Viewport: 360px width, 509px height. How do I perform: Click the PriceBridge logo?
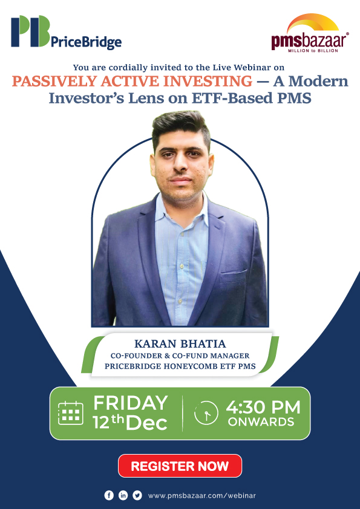point(66,33)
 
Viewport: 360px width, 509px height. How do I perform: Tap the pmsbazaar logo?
point(309,36)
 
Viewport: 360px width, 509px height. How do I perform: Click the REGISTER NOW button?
point(180,466)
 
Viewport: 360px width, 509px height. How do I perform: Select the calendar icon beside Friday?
point(70,413)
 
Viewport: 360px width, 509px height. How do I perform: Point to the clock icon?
point(206,413)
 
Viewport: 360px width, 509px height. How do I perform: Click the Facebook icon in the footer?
point(109,495)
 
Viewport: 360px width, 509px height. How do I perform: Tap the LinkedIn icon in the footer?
point(123,495)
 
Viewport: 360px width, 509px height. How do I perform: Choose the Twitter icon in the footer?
point(137,495)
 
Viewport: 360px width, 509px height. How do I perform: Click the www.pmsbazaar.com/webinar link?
point(201,496)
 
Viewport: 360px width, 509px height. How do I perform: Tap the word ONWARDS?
point(261,422)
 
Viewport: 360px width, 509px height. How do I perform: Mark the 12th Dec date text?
point(130,423)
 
